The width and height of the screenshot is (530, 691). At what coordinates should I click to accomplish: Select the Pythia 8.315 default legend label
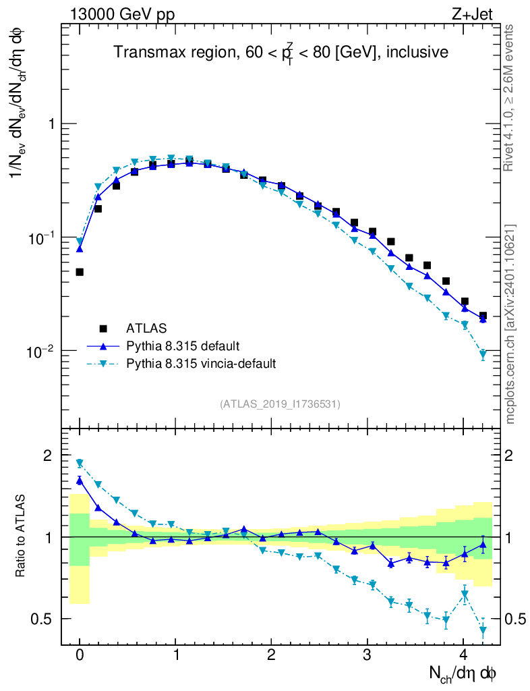[183, 346]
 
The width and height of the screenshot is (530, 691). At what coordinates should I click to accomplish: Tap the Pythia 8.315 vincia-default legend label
[201, 364]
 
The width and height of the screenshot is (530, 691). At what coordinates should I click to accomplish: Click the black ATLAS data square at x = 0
[80, 272]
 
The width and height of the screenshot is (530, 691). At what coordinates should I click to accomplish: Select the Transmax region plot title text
[280, 52]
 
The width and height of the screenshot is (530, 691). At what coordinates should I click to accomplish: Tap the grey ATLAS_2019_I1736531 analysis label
[280, 404]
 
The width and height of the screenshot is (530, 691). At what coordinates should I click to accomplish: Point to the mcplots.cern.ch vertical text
[510, 324]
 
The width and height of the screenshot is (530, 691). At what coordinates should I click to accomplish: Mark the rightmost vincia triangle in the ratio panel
[483, 630]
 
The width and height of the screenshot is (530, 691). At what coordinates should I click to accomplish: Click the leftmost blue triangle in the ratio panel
[80, 480]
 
